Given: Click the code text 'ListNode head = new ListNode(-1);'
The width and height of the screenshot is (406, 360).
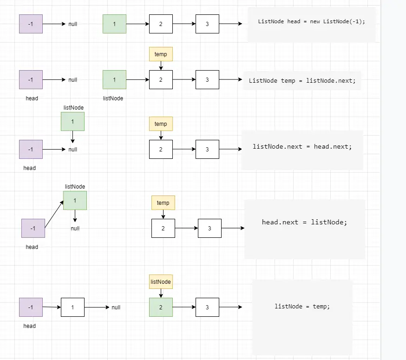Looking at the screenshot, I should [x=311, y=22].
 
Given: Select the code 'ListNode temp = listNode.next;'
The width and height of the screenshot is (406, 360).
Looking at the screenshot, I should [x=302, y=80].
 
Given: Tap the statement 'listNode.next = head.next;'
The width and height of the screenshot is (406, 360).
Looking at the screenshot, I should [x=302, y=146].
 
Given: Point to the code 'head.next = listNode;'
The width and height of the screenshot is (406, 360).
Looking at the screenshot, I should [x=304, y=222].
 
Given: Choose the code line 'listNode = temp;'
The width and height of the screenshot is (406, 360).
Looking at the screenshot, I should [x=302, y=306].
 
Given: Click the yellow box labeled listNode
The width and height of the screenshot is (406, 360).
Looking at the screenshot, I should [x=161, y=281].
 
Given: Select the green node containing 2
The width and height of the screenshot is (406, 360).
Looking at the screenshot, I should [x=161, y=307].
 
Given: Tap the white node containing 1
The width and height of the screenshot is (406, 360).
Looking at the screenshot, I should [x=72, y=307].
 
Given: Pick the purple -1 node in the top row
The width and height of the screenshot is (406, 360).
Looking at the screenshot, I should [x=31, y=24].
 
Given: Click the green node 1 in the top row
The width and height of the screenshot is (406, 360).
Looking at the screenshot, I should [x=114, y=24].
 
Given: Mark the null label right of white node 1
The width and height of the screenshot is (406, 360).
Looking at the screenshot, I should [x=116, y=308].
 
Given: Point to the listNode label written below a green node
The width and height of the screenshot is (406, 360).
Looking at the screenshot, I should [x=113, y=98].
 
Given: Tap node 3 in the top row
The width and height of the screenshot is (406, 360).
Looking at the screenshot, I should [x=207, y=24].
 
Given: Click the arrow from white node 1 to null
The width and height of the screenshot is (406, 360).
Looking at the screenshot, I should [x=97, y=307].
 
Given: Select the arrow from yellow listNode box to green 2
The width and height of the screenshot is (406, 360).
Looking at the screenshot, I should [x=161, y=293].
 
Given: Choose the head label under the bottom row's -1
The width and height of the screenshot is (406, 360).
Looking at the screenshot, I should [x=30, y=326].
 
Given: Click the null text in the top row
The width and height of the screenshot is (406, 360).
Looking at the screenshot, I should [x=73, y=24].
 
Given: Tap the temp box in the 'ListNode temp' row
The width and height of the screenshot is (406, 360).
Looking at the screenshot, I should [x=161, y=54].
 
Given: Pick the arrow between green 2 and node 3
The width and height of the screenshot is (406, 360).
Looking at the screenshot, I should [x=184, y=307].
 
